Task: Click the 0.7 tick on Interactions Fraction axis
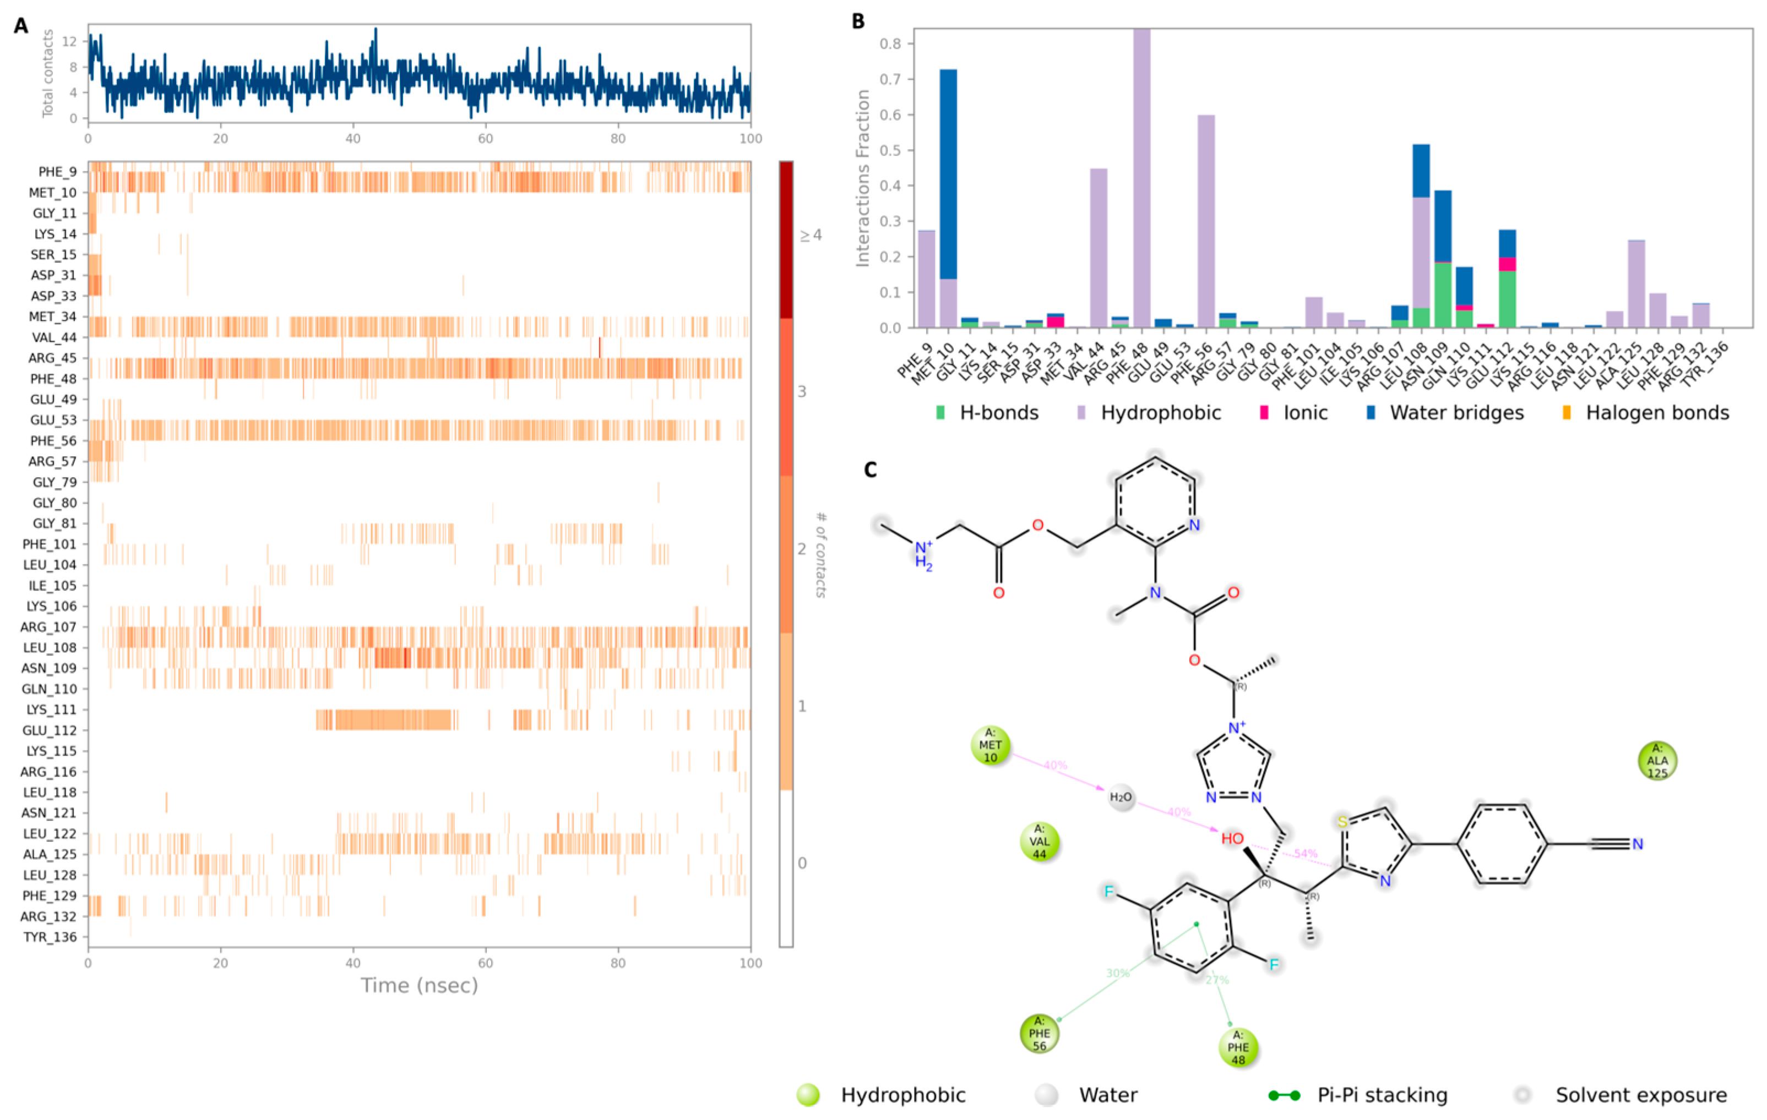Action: (x=890, y=79)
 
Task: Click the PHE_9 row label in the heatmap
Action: (x=57, y=172)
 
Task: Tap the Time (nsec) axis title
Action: (x=419, y=985)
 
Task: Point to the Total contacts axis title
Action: (x=48, y=73)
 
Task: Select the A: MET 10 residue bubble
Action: (x=990, y=745)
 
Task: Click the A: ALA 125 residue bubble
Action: (x=1657, y=761)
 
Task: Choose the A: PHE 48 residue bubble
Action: (x=1238, y=1047)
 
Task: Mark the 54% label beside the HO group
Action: (x=1306, y=854)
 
